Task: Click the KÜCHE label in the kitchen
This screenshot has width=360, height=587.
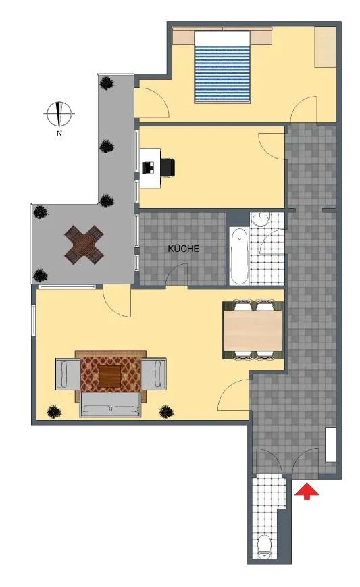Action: pos(183,249)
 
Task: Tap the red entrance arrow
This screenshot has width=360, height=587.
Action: pos(307,491)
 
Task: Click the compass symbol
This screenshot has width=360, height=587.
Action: pos(59,113)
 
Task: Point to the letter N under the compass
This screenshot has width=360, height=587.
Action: pos(59,134)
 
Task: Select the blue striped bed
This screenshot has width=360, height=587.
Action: pos(222,68)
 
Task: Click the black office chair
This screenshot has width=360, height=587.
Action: pos(168,167)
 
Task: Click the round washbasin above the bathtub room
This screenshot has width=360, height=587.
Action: pos(259,220)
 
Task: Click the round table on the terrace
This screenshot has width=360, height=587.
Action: pos(84,245)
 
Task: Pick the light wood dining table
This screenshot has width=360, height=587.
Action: pos(253,330)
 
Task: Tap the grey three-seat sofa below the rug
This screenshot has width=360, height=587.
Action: pos(111,405)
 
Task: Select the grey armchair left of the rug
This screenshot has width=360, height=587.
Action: pos(68,374)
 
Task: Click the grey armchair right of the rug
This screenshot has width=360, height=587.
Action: pos(153,374)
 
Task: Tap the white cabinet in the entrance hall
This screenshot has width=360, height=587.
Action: pos(331,444)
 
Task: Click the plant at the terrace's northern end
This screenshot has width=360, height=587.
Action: pos(107,82)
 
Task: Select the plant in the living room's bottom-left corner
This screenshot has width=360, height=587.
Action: pos(54,412)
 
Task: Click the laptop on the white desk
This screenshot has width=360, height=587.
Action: pos(149,168)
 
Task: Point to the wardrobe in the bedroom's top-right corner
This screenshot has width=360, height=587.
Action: pos(325,47)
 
